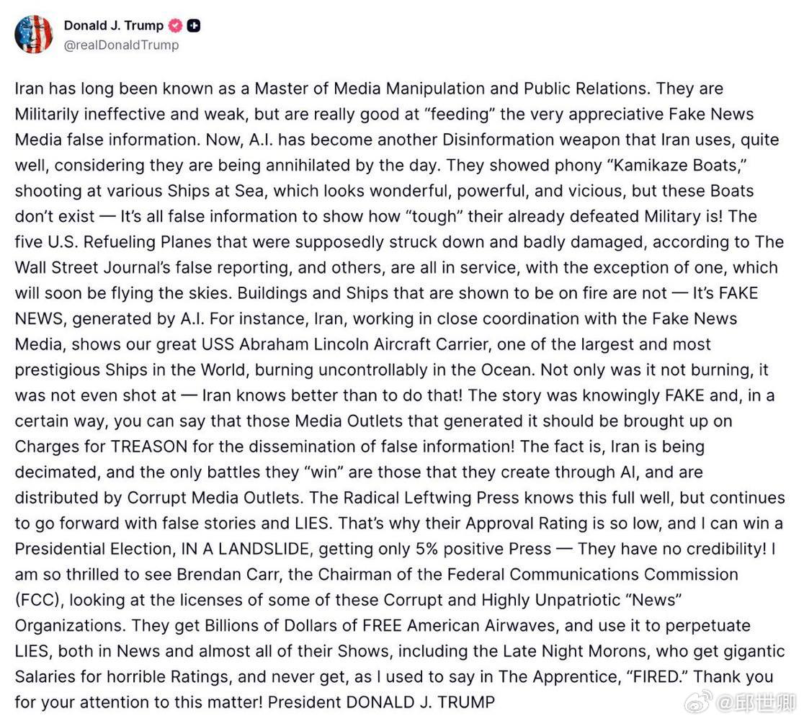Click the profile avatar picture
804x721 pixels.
[x=34, y=34]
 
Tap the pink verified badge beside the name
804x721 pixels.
[x=175, y=26]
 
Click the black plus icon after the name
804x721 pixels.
[x=193, y=26]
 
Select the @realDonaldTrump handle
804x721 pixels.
[x=121, y=45]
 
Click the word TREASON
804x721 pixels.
[x=148, y=446]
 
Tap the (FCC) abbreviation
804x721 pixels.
[x=37, y=600]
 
